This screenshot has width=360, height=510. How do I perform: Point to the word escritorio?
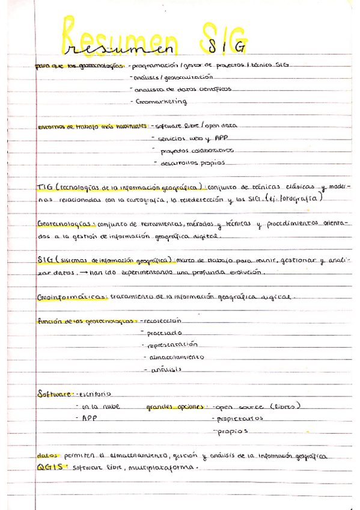[x=93, y=395]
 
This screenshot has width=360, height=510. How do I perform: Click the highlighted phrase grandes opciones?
[x=174, y=407]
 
